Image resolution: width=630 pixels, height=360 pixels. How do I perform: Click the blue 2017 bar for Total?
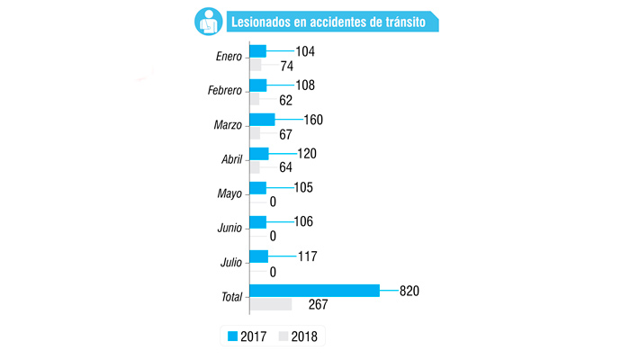click(x=314, y=290)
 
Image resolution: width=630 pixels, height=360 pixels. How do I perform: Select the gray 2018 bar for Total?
click(x=270, y=305)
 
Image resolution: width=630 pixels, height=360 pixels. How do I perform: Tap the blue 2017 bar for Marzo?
click(x=261, y=119)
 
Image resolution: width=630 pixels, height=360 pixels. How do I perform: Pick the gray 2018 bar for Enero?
click(x=255, y=66)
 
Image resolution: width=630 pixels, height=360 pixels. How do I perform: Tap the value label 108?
click(x=306, y=85)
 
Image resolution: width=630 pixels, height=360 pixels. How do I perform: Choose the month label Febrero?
click(x=224, y=91)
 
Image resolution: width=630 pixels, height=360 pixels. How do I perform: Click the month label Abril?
click(x=231, y=159)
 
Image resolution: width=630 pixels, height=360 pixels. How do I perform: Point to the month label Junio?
click(x=229, y=228)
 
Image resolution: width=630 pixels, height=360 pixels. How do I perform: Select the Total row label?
click(x=230, y=296)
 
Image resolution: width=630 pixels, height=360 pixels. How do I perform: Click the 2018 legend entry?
click(x=301, y=337)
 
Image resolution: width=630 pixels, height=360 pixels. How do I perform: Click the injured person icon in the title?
click(x=206, y=21)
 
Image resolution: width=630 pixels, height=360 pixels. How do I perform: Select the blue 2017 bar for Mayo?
click(x=257, y=187)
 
